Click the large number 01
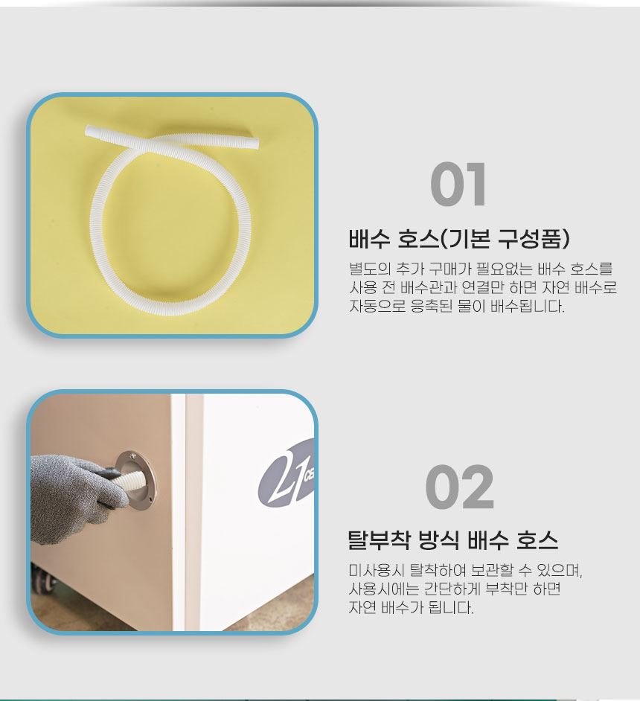tap(458, 185)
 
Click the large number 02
tap(459, 487)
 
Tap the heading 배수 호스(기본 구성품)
tap(459, 238)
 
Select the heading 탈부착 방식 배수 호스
tap(453, 540)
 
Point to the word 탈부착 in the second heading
tap(379, 540)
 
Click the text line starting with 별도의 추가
tap(481, 269)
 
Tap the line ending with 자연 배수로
tap(483, 287)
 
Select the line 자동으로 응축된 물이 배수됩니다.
tap(457, 307)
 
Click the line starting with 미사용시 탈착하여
tap(465, 570)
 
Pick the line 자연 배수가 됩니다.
tap(412, 607)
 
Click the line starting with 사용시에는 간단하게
tap(455, 589)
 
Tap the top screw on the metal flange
tap(132, 455)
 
